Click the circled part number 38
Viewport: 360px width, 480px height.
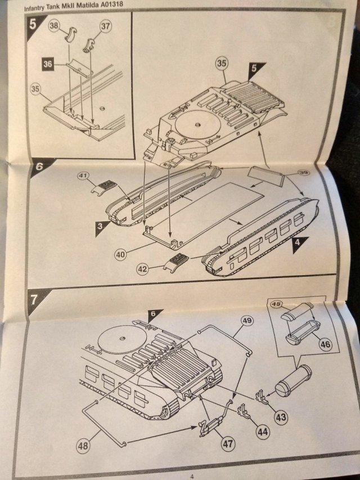pos(55,26)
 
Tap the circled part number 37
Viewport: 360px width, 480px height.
pos(106,26)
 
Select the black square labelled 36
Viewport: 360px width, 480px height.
pos(47,65)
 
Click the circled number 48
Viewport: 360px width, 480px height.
pos(84,446)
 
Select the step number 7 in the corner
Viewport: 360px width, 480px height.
pos(34,299)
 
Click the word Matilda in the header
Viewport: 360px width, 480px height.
pos(88,5)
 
